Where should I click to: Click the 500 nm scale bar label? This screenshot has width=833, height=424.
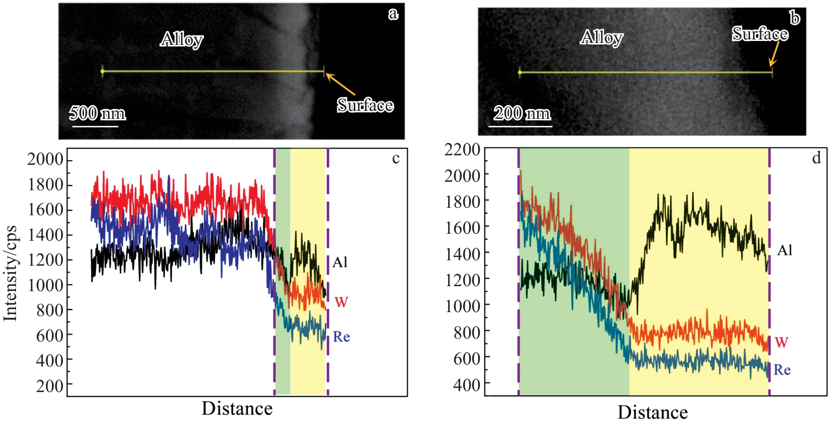pos(97,113)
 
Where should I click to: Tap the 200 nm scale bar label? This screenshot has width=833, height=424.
pos(522,113)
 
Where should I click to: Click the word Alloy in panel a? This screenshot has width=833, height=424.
pos(182,39)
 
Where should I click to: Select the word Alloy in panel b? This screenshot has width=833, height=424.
pos(602,37)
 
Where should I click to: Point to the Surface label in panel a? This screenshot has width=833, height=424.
pos(365,105)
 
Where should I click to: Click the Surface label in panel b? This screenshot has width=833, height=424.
pos(760,34)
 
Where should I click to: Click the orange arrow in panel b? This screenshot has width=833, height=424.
pos(774,54)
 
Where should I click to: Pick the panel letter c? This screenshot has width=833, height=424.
pos(396,158)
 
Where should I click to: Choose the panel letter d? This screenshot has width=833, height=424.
pos(816,158)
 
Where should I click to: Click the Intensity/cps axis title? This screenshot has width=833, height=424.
pos(10,273)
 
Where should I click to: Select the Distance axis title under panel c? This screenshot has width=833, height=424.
pos(237,409)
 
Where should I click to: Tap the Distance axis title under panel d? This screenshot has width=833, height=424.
pos(653,412)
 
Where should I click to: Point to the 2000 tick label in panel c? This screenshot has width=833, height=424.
pos(45,159)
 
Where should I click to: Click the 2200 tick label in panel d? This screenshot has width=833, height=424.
pos(462,149)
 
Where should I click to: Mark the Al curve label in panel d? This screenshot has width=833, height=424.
pos(785,250)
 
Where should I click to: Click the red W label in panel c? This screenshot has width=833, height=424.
pos(341,302)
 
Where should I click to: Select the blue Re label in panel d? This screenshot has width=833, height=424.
pos(782,370)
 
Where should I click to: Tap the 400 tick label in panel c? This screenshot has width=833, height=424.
pos(49,360)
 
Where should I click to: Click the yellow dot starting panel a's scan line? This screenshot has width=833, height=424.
pos(102,71)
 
